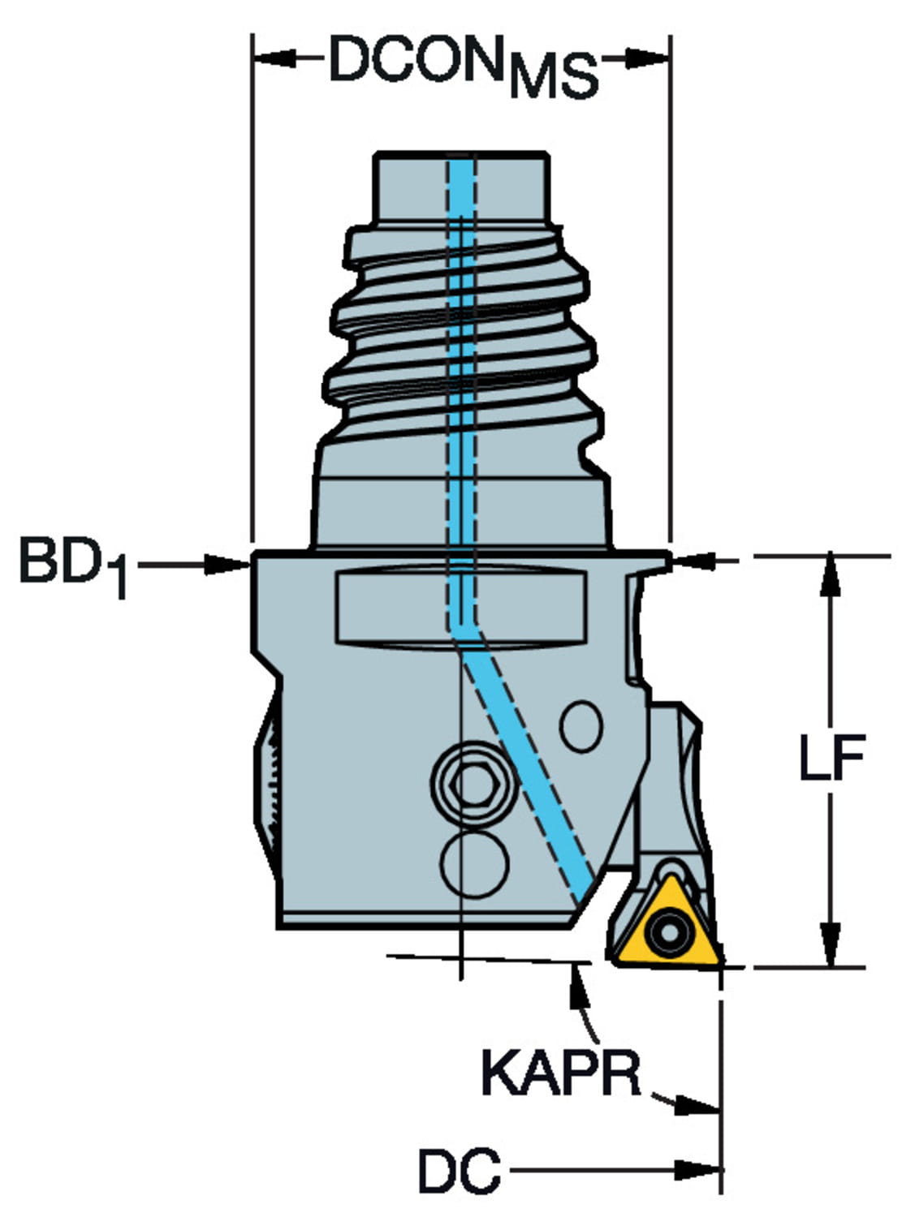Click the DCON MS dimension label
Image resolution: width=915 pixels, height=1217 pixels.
click(463, 65)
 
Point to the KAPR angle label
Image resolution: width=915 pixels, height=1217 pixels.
click(561, 1073)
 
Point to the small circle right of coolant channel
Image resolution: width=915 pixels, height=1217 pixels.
click(581, 727)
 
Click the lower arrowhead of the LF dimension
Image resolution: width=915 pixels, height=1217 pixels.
click(831, 948)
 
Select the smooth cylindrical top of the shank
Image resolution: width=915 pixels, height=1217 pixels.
click(460, 187)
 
